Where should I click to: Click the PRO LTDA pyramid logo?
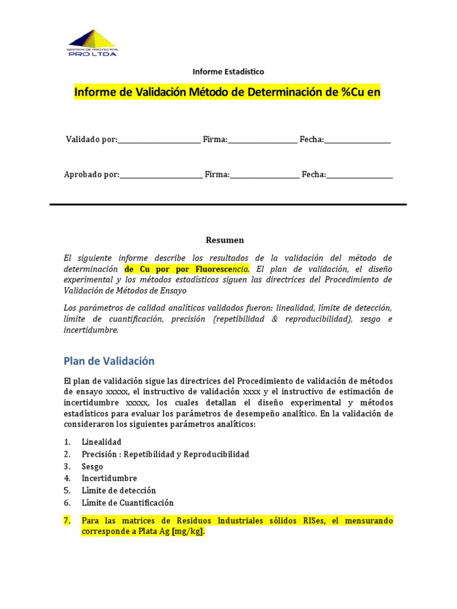(x=92, y=42)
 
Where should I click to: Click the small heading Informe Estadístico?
(x=228, y=71)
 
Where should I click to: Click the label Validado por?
(x=92, y=139)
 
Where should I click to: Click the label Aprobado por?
(x=92, y=174)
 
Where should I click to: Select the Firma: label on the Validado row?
(x=215, y=139)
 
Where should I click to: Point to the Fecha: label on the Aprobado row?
(x=314, y=174)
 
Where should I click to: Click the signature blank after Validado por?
(x=159, y=140)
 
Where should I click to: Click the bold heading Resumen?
(x=225, y=240)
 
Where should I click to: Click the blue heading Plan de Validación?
(x=109, y=361)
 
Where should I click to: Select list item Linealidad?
(x=101, y=442)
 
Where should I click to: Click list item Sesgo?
(x=92, y=466)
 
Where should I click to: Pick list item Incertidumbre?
(x=109, y=478)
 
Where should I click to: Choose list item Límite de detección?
(x=118, y=491)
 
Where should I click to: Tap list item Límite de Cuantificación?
(x=127, y=503)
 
